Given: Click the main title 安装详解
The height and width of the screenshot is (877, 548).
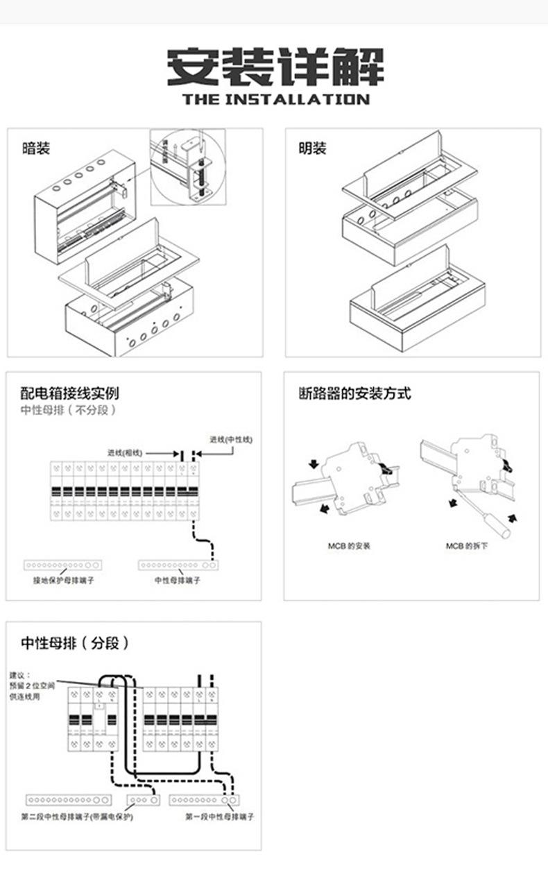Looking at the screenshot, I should [275, 67].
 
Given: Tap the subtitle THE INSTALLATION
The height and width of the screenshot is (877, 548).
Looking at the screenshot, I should [275, 100].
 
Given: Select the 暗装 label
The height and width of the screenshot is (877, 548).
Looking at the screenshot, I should [36, 149].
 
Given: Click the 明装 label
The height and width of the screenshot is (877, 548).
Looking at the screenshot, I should [313, 149].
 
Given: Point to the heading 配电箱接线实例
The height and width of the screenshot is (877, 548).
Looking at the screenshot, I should [69, 393].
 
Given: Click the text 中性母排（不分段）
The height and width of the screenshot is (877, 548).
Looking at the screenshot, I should [68, 410].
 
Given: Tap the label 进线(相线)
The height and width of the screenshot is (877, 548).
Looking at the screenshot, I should [125, 452].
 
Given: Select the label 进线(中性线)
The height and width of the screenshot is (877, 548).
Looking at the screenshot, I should [231, 439].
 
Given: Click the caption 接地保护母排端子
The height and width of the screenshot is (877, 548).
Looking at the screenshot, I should [63, 580].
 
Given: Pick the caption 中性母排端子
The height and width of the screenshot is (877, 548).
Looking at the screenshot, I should [177, 580].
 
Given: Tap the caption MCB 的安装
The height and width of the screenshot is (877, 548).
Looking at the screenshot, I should [349, 546].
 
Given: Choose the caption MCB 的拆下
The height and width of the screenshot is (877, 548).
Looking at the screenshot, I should [467, 546].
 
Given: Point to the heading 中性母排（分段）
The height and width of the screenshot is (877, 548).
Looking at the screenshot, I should [75, 643].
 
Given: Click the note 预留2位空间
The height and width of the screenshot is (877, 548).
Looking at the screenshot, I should [32, 686].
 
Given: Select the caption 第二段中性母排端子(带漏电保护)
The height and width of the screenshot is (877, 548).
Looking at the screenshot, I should [77, 817].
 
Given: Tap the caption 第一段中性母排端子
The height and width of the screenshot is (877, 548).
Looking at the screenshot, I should [219, 817].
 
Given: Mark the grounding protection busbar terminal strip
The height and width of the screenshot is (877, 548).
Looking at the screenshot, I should [63, 565].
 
